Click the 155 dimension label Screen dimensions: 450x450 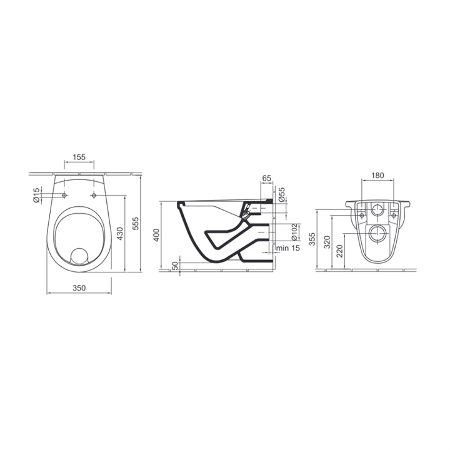click(79, 157)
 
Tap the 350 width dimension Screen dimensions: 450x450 click(79, 287)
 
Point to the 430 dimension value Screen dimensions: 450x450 click(119, 234)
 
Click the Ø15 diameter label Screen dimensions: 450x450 click(36, 196)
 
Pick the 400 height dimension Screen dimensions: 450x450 click(156, 235)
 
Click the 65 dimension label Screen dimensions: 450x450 click(267, 178)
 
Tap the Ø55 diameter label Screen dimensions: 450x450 click(282, 194)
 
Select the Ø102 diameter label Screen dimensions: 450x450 click(294, 232)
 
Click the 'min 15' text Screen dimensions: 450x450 click(288, 247)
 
